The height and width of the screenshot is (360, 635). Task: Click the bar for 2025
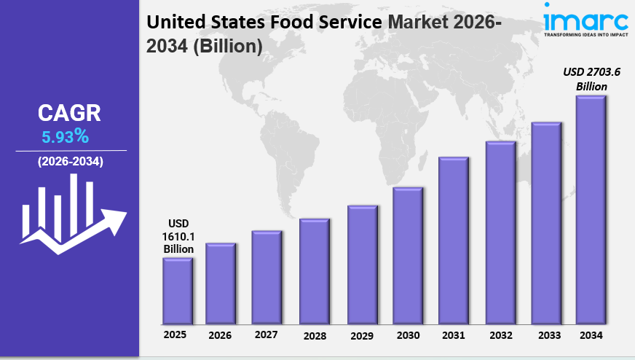(x=177, y=291)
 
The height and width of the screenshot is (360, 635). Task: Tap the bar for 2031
(x=453, y=240)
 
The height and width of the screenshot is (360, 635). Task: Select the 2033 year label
(x=545, y=335)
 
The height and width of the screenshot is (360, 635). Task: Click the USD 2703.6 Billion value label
(x=591, y=79)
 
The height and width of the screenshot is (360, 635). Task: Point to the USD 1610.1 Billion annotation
(x=178, y=235)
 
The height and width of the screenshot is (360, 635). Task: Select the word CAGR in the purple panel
(x=69, y=113)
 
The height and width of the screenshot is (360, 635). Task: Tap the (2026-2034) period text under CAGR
(x=70, y=161)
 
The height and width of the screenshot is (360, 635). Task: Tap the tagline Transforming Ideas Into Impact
(x=585, y=34)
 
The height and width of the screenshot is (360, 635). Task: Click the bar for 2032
(x=500, y=232)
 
